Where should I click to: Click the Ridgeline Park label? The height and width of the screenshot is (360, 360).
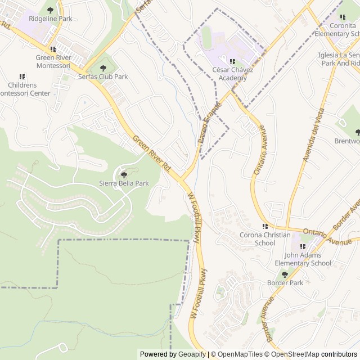click(50, 19)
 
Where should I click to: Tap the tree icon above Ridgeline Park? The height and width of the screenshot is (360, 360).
click(50, 10)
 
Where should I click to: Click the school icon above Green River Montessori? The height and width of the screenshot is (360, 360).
click(53, 49)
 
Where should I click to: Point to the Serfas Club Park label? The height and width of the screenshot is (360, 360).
click(103, 76)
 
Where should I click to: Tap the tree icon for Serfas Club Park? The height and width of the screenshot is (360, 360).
click(103, 67)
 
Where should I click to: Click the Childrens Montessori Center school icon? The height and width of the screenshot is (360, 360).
click(22, 76)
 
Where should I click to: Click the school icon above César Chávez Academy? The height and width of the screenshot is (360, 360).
click(232, 61)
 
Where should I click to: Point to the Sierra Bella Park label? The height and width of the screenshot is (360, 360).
click(124, 183)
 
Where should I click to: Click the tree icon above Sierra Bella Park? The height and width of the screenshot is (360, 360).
click(124, 174)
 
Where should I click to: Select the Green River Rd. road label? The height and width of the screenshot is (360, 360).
click(152, 153)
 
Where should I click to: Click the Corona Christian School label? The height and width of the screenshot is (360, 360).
click(265, 239)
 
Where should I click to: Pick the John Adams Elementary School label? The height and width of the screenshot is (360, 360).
click(303, 259)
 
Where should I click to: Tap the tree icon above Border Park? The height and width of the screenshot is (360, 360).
click(285, 274)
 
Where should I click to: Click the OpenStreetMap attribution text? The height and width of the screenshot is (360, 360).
click(292, 354)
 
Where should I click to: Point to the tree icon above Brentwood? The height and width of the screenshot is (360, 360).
click(357, 132)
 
